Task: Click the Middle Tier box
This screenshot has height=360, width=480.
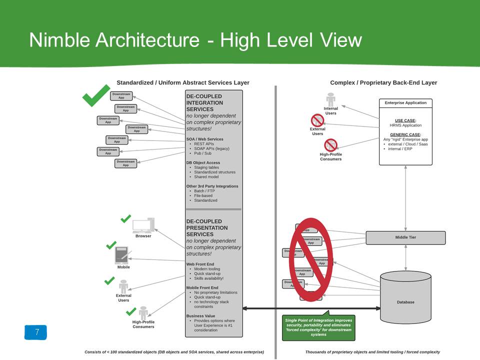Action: [405, 237]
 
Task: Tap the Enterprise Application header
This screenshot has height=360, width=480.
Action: [405, 103]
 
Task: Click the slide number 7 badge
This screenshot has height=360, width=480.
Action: [36, 332]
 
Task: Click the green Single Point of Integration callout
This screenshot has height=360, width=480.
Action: [318, 327]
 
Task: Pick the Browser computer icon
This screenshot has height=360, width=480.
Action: [143, 225]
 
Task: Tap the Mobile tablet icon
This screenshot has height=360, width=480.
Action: [121, 255]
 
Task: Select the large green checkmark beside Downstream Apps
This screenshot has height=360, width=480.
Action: [95, 95]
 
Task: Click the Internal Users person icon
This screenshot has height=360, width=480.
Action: [330, 98]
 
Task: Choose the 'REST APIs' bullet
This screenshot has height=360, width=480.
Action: [204, 143]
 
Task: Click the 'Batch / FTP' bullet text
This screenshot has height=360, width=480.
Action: [203, 191]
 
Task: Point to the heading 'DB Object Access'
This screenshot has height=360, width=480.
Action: [203, 162]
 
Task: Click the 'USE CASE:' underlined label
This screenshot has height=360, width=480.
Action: [405, 120]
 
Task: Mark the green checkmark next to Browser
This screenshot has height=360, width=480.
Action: [125, 218]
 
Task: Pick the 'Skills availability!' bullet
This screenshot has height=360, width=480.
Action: [208, 278]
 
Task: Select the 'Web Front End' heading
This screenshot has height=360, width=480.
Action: [200, 264]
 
